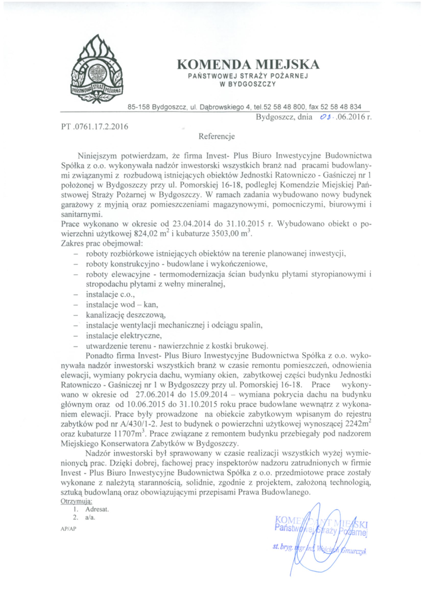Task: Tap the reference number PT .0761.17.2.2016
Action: point(95,127)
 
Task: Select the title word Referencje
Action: point(216,136)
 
